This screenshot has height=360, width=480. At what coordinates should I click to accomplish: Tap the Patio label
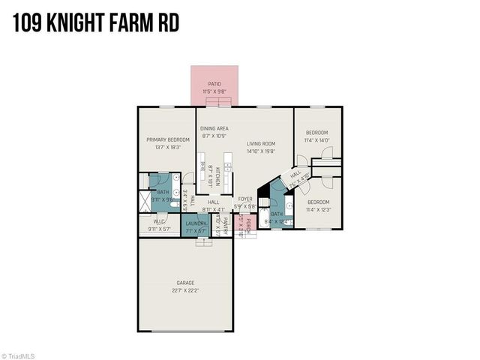coord(214,85)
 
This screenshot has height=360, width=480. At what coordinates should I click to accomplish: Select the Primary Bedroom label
coord(166,139)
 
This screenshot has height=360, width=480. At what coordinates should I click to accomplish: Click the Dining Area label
coord(214,129)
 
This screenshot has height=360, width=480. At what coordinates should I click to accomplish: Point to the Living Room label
coord(262,143)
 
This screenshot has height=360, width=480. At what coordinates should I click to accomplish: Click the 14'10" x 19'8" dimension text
coord(262,151)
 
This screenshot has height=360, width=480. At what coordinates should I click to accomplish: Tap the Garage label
coord(184,283)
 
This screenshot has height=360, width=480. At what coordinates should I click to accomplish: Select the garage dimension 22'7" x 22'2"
coord(184,291)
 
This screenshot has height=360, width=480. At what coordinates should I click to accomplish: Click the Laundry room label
coord(196,223)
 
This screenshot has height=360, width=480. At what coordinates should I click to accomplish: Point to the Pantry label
coord(223,224)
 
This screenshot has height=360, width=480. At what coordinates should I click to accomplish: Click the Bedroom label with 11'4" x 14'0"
coord(317,133)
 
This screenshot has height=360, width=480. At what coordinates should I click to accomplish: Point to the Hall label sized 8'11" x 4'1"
coord(214,202)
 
